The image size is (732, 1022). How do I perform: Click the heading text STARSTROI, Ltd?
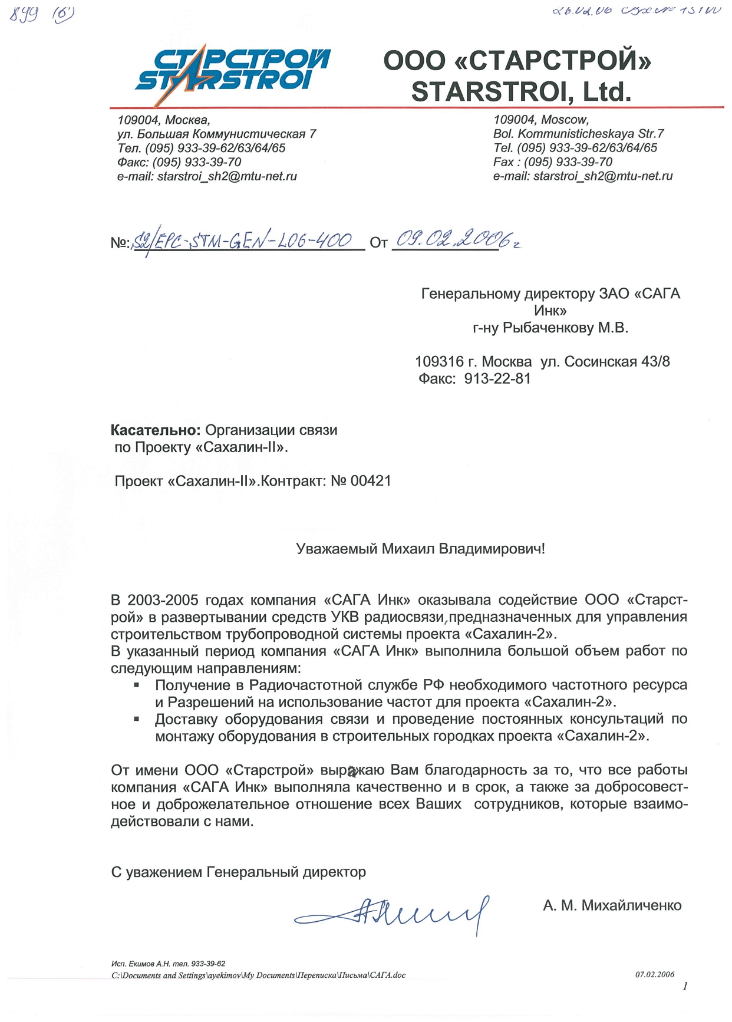point(521,92)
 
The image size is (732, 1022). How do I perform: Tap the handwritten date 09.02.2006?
point(453,239)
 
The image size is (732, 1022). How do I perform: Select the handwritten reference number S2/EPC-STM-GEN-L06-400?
point(243,240)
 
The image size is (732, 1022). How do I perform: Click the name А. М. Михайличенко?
point(612,905)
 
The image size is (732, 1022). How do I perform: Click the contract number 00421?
point(371,481)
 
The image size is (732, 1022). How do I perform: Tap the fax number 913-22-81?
point(497,378)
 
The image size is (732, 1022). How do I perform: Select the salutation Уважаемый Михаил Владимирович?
point(420,549)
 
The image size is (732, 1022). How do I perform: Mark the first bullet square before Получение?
point(137,685)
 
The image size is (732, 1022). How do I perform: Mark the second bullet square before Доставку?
point(137,719)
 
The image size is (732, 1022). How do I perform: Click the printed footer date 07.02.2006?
point(655,974)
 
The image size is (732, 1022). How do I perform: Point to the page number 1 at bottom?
point(685,987)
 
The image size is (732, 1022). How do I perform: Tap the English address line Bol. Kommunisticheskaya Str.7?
point(579,134)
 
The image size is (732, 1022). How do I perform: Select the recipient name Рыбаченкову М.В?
point(565,328)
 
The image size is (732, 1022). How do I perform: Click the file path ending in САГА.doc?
point(258,975)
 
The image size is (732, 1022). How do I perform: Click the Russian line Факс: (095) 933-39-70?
point(179,162)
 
